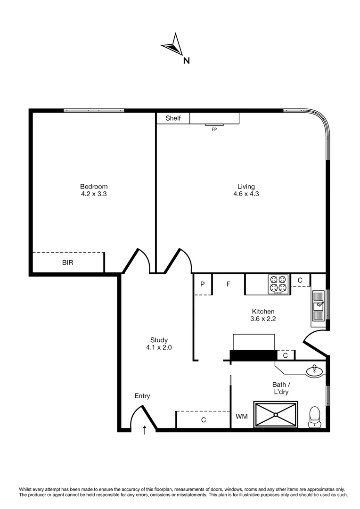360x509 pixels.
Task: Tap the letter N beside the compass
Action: pos(187,60)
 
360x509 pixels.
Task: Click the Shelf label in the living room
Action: pos(173,118)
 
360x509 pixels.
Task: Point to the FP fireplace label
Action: pos(214,129)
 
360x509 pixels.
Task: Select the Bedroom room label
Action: pos(94,186)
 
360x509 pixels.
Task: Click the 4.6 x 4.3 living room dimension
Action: pos(246,194)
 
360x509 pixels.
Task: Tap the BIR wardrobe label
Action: pos(68,263)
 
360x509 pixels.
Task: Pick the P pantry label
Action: pos(203,284)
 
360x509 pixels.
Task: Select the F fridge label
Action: pos(229,284)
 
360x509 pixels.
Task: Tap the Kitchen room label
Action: pos(263,312)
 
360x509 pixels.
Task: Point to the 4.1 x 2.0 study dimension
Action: pos(159,347)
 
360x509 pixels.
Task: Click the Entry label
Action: pos(142,396)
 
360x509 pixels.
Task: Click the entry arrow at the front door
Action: pos(145,429)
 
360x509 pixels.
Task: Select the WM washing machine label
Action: pos(241,417)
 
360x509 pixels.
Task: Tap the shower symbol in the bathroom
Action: pos(276,414)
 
